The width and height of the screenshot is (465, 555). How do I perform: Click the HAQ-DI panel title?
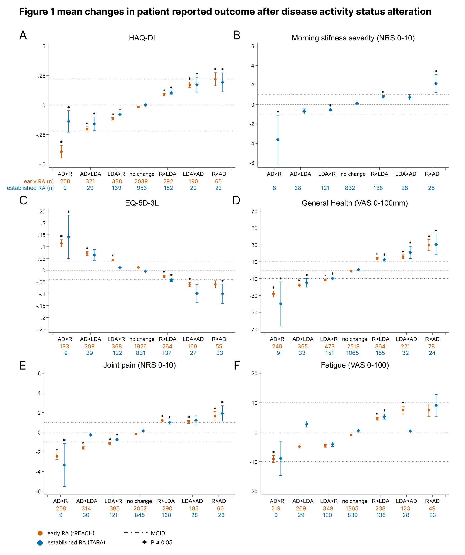(x=142, y=38)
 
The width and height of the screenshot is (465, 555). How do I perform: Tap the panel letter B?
(x=237, y=35)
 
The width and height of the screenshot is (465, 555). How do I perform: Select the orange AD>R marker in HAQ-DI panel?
(x=61, y=152)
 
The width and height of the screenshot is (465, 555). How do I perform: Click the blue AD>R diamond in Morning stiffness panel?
(x=278, y=140)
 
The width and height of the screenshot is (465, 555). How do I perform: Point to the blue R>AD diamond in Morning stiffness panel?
(x=436, y=84)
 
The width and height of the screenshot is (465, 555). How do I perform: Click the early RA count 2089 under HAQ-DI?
(x=141, y=181)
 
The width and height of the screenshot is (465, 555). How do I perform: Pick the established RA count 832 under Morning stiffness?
(x=350, y=188)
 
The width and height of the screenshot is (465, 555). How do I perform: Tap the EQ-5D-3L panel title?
(x=142, y=203)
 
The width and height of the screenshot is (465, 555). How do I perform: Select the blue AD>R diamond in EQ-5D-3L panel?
(x=68, y=237)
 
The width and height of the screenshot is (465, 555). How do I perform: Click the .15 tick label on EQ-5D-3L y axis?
(x=42, y=235)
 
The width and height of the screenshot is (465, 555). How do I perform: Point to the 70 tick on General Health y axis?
(x=254, y=211)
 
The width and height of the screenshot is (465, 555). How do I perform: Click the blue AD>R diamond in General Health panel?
(x=281, y=304)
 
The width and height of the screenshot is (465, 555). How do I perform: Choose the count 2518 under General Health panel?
(x=353, y=347)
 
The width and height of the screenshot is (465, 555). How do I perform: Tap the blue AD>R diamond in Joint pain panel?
(x=64, y=465)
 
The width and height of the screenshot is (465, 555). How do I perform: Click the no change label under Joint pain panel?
(x=139, y=501)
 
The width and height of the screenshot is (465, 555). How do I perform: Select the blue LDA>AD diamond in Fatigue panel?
(x=410, y=431)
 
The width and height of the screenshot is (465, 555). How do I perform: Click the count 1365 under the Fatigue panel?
(x=352, y=508)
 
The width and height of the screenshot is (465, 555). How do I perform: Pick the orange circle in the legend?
(x=40, y=533)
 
